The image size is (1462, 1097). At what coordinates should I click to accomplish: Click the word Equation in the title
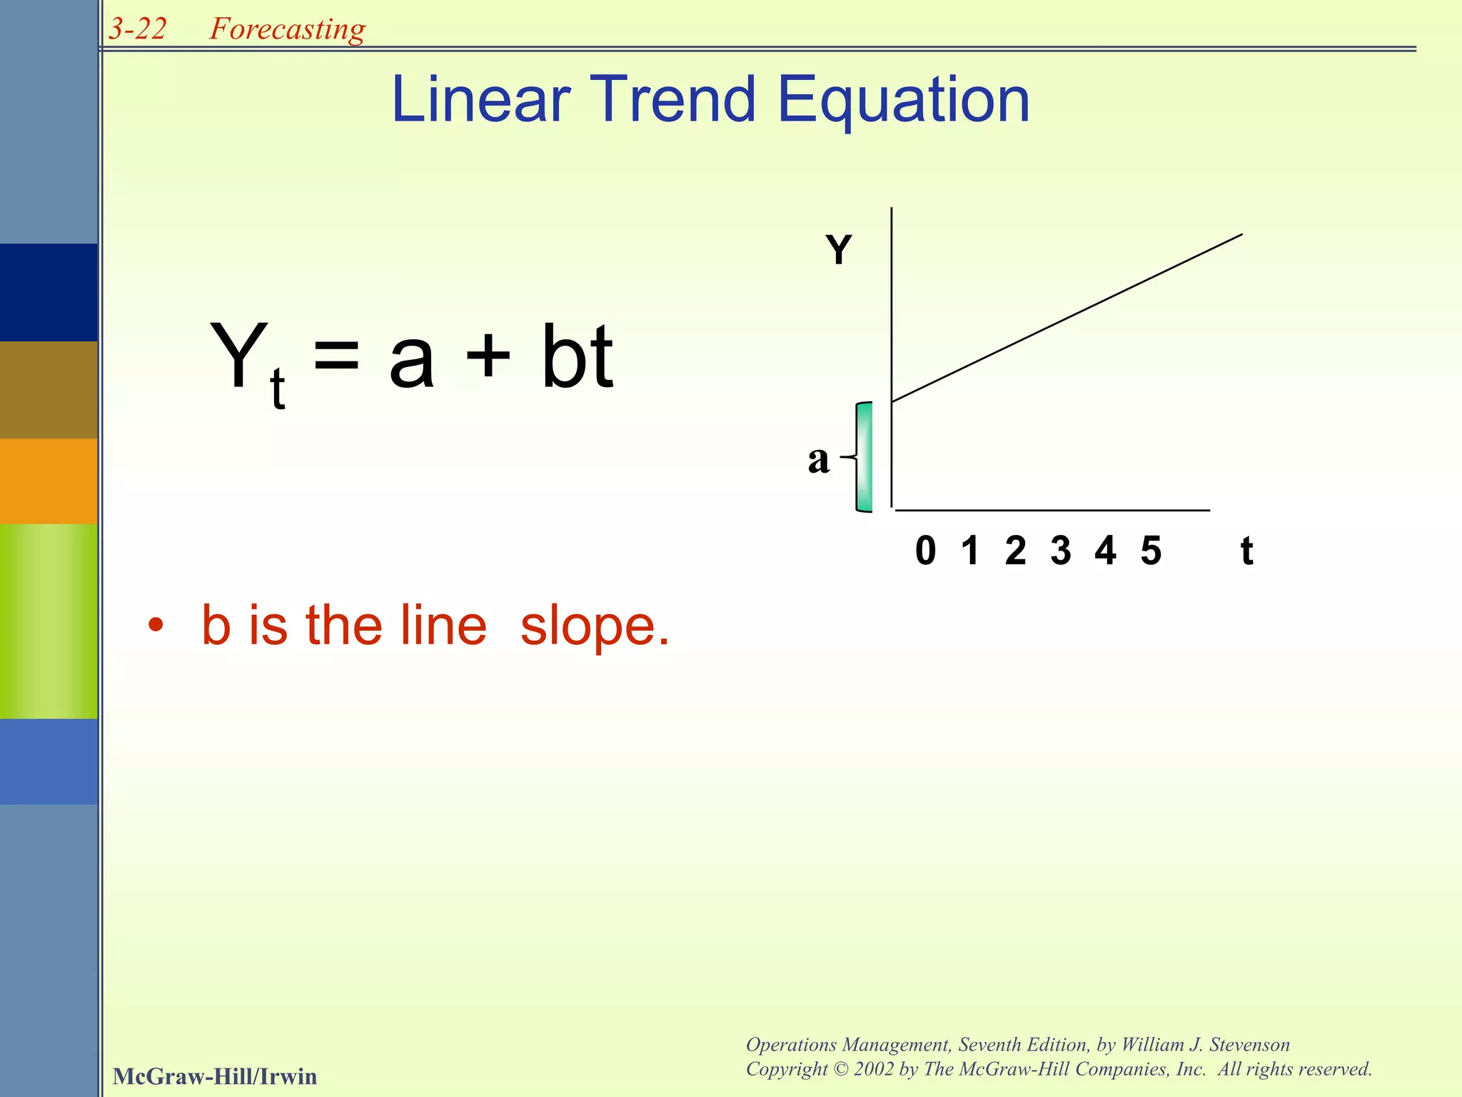click(902, 101)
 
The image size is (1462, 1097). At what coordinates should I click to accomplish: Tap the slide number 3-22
click(138, 29)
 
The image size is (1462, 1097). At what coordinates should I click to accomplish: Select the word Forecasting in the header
click(287, 29)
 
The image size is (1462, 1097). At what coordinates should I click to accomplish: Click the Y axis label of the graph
click(839, 250)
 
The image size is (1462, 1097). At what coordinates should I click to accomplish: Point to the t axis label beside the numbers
click(1246, 551)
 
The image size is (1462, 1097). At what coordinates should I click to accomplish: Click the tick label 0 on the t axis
click(925, 551)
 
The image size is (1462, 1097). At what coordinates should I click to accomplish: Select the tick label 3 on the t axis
click(1060, 551)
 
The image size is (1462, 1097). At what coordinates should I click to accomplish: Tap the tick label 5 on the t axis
click(1151, 551)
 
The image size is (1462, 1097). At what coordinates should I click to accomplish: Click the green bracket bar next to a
click(864, 457)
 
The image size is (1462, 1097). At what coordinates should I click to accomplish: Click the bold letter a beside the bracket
click(819, 459)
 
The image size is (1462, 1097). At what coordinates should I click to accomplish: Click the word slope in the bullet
click(594, 626)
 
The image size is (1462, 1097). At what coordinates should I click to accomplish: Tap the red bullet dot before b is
click(156, 626)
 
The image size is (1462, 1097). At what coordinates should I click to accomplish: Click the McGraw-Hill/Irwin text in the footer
click(215, 1076)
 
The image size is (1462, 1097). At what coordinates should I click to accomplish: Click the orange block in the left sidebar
click(49, 481)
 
